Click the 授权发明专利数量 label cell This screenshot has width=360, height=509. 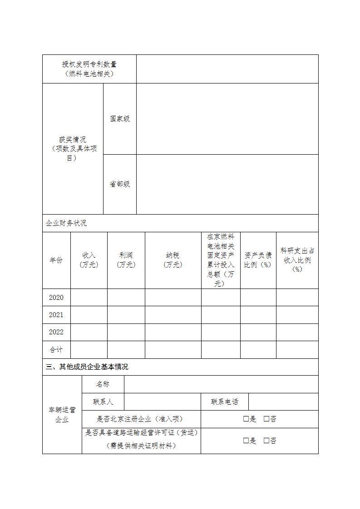(x=89, y=69)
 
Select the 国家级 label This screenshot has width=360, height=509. (x=120, y=119)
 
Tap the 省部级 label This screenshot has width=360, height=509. (x=120, y=184)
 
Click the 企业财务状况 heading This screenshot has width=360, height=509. (x=66, y=223)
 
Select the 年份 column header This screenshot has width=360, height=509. (x=56, y=260)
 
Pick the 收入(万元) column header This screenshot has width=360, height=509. (x=89, y=260)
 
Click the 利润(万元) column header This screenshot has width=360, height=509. (x=126, y=260)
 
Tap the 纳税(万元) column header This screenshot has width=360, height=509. (x=173, y=260)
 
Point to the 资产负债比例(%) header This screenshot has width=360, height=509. (x=258, y=260)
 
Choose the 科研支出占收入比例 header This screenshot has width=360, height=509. (x=297, y=260)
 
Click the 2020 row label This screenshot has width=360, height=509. (x=56, y=298)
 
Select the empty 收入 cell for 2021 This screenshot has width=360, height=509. (x=89, y=315)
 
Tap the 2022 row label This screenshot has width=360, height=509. (x=56, y=332)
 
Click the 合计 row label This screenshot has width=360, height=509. (x=56, y=350)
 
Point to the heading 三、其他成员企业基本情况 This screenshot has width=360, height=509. (x=87, y=367)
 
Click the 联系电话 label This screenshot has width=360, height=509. (x=224, y=401)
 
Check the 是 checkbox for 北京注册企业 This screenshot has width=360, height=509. (x=246, y=419)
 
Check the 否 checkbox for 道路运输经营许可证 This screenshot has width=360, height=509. (x=266, y=440)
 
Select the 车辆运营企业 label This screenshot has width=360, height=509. (x=62, y=415)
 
